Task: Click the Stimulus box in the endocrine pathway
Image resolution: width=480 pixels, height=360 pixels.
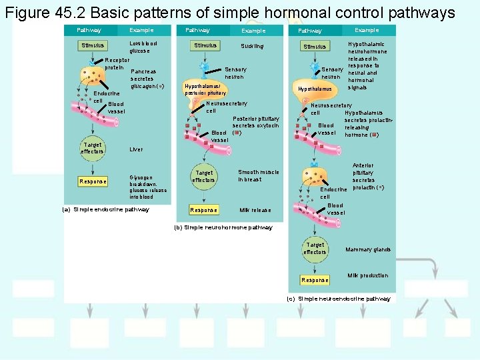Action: point(93,45)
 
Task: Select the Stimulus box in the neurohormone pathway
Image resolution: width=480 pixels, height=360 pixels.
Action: point(205,45)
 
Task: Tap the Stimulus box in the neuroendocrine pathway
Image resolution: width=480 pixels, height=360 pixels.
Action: point(315,47)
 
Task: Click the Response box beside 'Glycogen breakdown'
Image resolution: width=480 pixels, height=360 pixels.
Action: point(93,181)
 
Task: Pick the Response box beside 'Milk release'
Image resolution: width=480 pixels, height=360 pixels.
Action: point(204,210)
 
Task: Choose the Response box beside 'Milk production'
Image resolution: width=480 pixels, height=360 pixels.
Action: point(315,280)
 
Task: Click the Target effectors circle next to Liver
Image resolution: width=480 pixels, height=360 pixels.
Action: point(92,148)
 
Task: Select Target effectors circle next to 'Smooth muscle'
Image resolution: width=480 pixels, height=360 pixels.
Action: point(204,176)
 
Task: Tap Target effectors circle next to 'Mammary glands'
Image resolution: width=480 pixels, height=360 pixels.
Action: point(315,249)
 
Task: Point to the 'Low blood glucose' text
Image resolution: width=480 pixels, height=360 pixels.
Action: point(143,47)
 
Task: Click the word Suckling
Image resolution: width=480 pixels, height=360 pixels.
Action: point(252,46)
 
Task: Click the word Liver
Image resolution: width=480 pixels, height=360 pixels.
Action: point(136,149)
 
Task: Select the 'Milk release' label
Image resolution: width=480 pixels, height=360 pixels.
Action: point(255,210)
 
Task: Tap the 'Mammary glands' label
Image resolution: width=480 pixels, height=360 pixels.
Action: point(368,250)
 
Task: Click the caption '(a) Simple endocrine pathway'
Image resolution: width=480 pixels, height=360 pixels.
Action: point(105,209)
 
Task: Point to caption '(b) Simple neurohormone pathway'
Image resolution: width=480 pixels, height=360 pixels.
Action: point(223,227)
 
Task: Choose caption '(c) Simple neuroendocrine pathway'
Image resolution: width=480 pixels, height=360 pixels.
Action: point(339,299)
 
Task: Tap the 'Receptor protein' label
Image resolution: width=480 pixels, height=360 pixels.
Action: point(117,64)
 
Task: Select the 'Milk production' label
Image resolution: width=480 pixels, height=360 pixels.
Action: point(368,275)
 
